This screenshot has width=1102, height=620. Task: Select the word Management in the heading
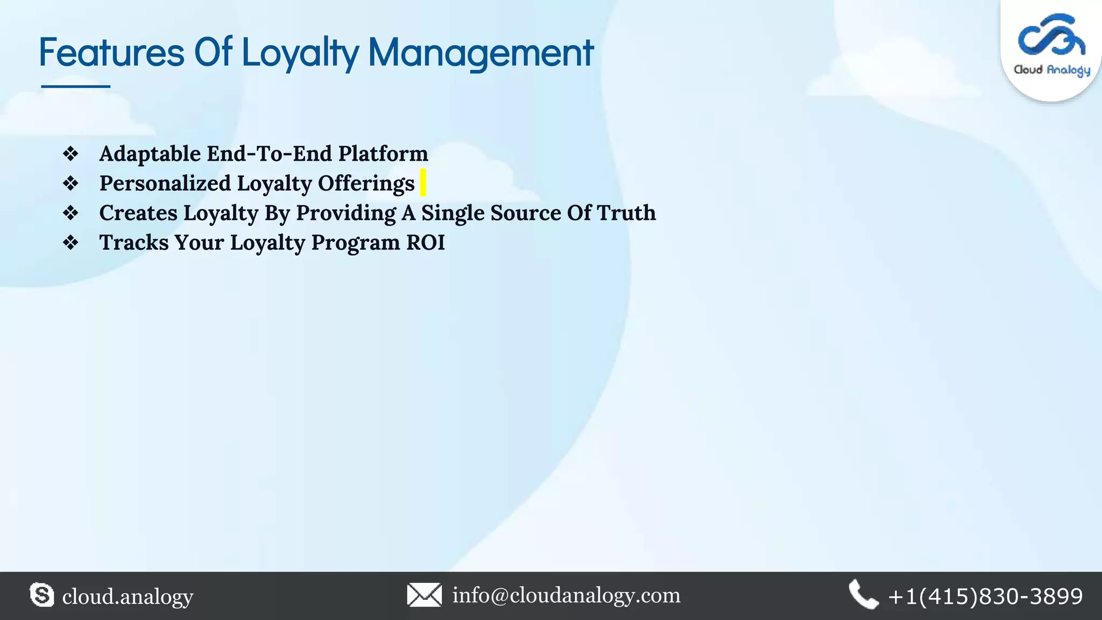[x=481, y=53]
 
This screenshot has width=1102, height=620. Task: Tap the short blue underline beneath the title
[x=76, y=86]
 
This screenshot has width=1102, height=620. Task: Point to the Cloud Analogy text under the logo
[x=1052, y=70]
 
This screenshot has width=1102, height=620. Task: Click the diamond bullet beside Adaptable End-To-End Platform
[x=70, y=154]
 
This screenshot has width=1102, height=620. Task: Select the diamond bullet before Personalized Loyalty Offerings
[x=70, y=184]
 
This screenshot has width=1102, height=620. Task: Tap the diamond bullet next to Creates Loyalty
[x=70, y=213]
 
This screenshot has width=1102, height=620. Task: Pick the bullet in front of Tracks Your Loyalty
[x=70, y=243]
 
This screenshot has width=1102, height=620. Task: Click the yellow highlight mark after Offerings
[x=423, y=182]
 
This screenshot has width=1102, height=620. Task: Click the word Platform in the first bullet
[x=383, y=154]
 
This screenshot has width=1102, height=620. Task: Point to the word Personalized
[x=165, y=184]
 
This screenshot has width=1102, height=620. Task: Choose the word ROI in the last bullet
[x=426, y=243]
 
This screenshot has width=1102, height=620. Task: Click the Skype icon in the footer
[x=42, y=595]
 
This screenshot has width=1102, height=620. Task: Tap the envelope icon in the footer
[x=425, y=595]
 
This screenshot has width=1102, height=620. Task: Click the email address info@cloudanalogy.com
[x=566, y=595]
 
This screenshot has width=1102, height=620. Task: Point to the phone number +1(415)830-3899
[x=985, y=596]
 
